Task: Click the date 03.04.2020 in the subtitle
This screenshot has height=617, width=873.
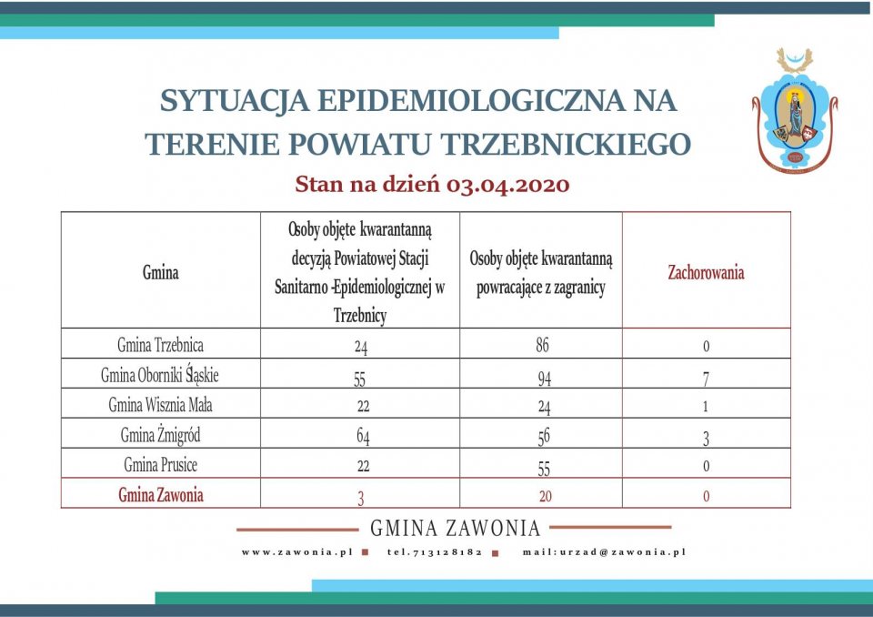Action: pos(508,185)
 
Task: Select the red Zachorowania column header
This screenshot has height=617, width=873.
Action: pos(706,272)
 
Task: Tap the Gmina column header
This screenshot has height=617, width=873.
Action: pos(161,272)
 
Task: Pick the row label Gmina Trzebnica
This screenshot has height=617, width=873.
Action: pos(161,345)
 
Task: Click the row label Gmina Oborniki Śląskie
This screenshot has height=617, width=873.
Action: pos(161,375)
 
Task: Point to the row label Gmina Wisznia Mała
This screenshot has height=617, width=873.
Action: pos(161,405)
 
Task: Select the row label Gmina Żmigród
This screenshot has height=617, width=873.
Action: pos(161,435)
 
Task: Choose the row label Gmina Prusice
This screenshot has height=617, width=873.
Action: pos(161,465)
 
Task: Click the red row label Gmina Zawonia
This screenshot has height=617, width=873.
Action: pos(161,495)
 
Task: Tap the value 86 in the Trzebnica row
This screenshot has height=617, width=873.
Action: pos(542,345)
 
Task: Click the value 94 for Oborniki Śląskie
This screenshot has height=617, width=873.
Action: pos(542,378)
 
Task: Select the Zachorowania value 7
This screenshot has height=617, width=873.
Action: pos(706,378)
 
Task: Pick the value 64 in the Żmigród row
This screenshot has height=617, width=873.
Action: pos(361,438)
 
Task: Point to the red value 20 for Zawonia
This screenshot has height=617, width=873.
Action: pos(542,496)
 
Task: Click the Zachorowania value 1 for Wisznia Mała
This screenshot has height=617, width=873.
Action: pos(706,407)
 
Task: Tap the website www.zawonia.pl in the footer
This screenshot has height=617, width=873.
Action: pos(296,551)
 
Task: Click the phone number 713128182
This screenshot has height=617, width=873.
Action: pos(436,551)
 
